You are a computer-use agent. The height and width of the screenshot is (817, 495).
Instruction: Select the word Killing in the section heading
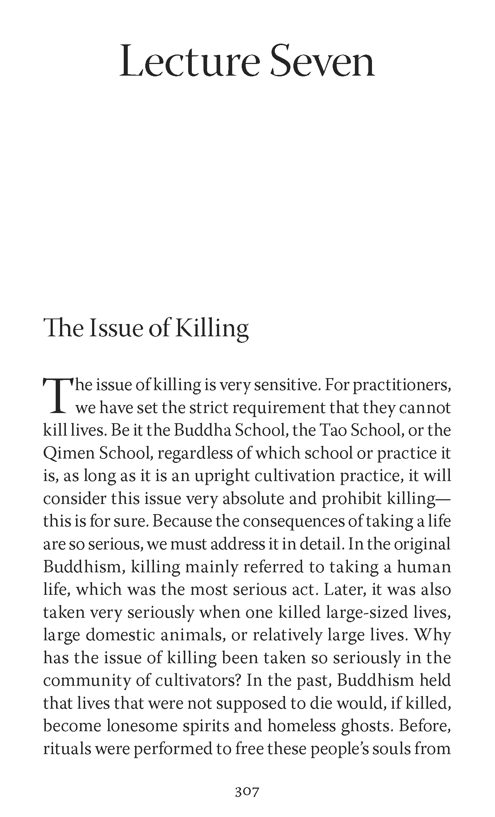pyautogui.click(x=213, y=328)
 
